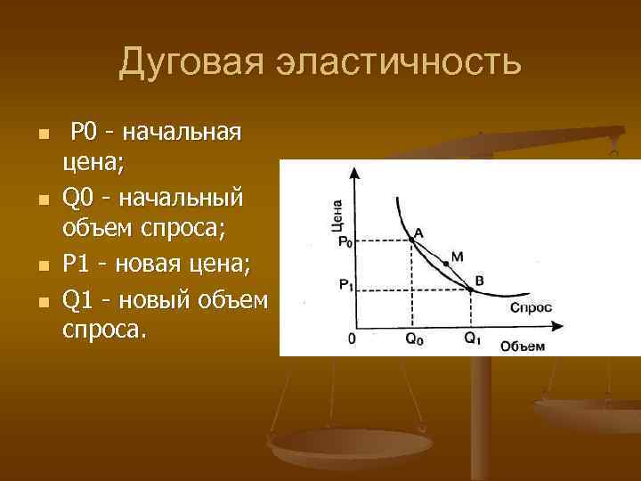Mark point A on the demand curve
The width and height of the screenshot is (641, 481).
pos(410,239)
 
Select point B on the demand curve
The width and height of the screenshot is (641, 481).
pos(469,288)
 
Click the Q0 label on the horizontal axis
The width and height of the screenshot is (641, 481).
pos(414,339)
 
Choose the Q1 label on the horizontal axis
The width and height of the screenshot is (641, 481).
pos(472,339)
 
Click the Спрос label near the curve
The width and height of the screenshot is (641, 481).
pos(531,307)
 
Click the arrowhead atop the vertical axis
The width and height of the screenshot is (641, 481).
pos(358,176)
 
